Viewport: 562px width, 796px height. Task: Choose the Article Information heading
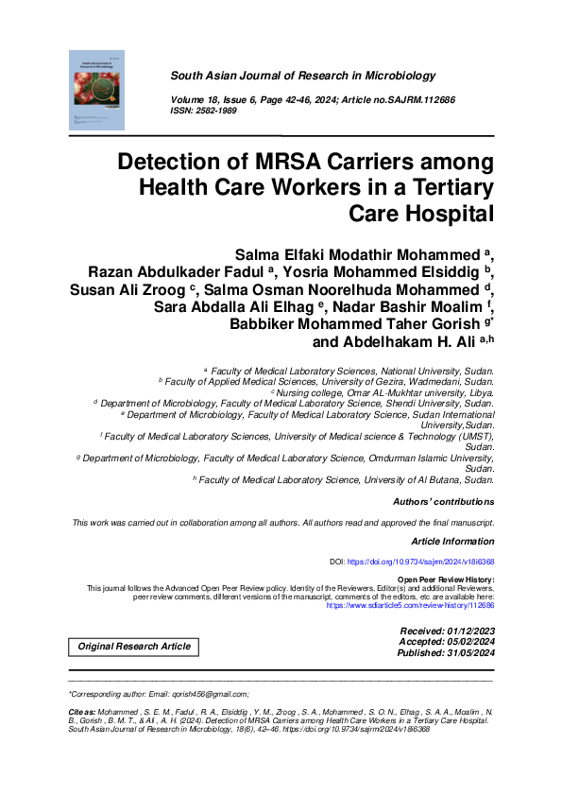point(452,541)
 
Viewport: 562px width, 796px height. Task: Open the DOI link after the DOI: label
point(420,562)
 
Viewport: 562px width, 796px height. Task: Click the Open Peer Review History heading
point(446,579)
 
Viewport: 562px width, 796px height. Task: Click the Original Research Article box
point(133,647)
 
